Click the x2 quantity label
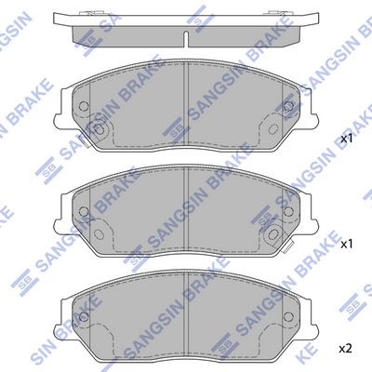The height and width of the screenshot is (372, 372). pyautogui.click(x=346, y=350)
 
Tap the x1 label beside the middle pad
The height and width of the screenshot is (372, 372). pyautogui.click(x=347, y=245)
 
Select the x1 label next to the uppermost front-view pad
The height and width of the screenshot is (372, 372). pyautogui.click(x=347, y=139)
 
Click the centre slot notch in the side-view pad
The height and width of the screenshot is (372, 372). pyautogui.click(x=186, y=39)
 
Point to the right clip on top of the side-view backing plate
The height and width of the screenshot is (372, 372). pyautogui.click(x=276, y=13)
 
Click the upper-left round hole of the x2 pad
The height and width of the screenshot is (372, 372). pyautogui.click(x=84, y=316)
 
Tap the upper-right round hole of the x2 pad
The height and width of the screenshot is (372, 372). pyautogui.click(x=288, y=316)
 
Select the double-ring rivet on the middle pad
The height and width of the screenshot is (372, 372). pyautogui.click(x=273, y=234)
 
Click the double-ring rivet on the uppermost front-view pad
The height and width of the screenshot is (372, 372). pyautogui.click(x=99, y=129)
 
